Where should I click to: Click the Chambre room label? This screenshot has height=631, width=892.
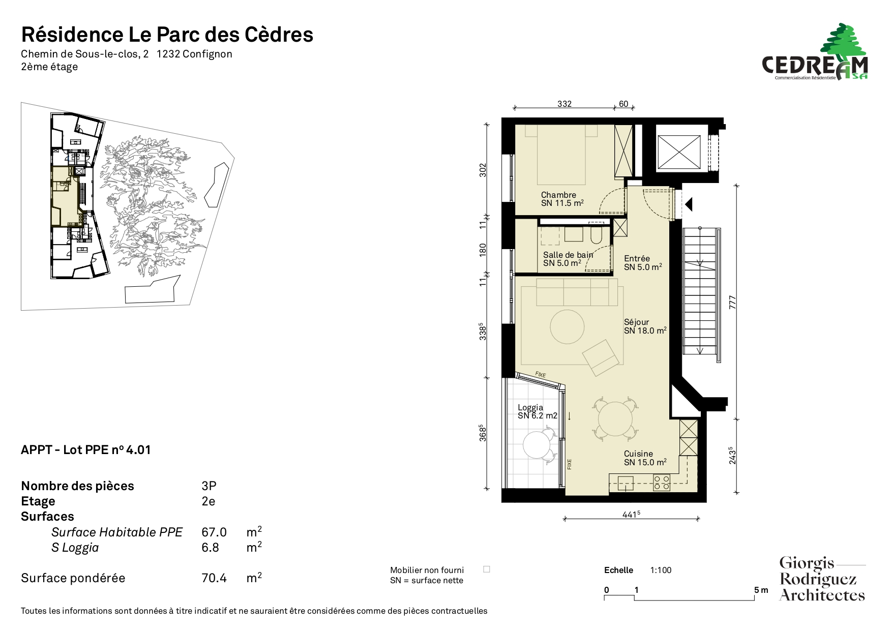(x=558, y=195)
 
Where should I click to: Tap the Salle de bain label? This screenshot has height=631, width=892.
(x=568, y=255)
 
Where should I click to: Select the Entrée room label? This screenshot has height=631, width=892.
(x=637, y=258)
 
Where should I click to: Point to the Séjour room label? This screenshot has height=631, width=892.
(x=637, y=322)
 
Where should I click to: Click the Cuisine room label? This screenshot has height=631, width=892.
(x=638, y=454)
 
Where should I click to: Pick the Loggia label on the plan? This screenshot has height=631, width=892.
(x=530, y=407)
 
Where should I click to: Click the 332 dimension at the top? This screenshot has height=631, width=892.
(x=564, y=104)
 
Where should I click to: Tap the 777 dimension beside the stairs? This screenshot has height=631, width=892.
(x=732, y=302)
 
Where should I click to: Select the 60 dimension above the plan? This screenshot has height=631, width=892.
(x=623, y=104)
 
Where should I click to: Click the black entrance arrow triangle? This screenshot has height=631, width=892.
(x=689, y=204)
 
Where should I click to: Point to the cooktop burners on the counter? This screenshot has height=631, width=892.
(x=662, y=483)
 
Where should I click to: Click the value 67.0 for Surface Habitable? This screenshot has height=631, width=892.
(x=214, y=532)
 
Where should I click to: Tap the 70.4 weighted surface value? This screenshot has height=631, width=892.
(x=214, y=578)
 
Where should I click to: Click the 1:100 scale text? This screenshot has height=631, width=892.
(x=661, y=570)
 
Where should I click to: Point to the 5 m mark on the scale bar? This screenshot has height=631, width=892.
(x=761, y=590)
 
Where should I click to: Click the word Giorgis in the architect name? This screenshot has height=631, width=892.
(x=807, y=563)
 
